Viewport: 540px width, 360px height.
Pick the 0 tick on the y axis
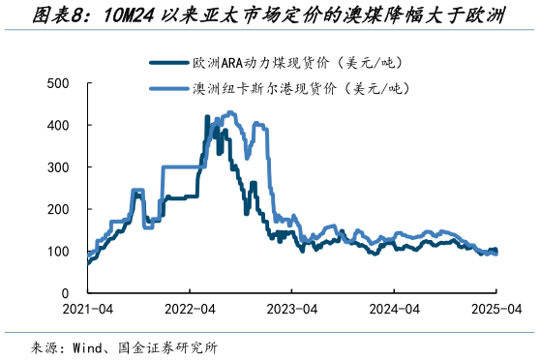pyautogui.click(x=64, y=292)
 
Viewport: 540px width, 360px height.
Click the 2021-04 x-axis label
pyautogui.click(x=88, y=311)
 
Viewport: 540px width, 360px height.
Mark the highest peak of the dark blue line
pyautogui.click(x=207, y=117)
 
